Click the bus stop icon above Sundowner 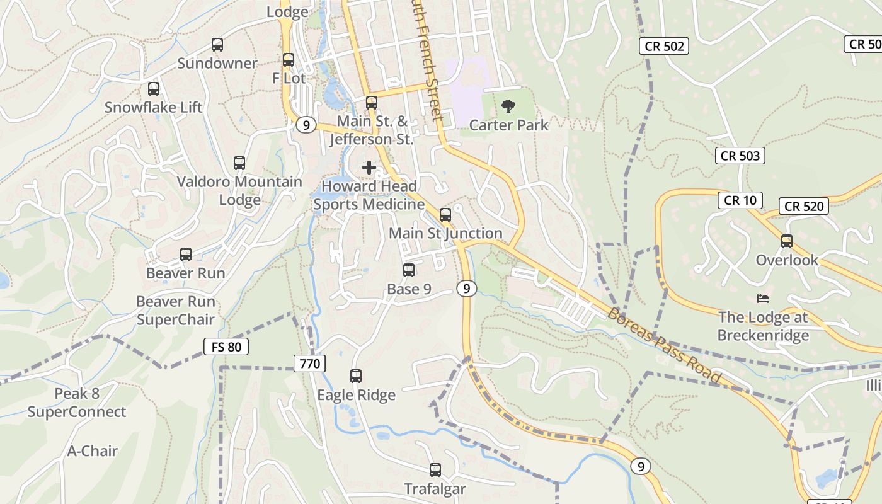[217, 45]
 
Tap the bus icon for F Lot [289, 60]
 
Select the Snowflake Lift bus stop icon [154, 89]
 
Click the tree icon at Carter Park [508, 106]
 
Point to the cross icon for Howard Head [369, 168]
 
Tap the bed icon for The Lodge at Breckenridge [763, 298]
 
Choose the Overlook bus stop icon [787, 241]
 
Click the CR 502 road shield [664, 46]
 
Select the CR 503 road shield [740, 156]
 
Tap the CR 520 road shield [804, 206]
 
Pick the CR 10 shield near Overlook [740, 200]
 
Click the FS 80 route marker [226, 346]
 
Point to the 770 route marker [310, 363]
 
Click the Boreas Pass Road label [664, 346]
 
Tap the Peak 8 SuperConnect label [77, 403]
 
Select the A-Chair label [93, 451]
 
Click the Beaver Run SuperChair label [175, 311]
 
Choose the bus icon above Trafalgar [435, 470]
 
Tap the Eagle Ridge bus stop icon [356, 376]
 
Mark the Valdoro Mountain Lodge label [239, 191]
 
